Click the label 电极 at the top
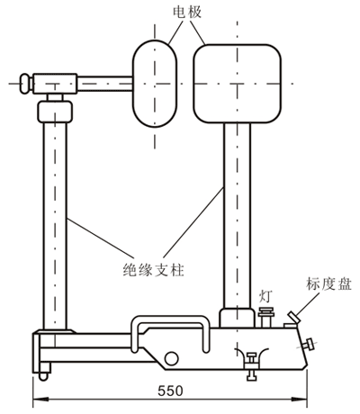point(184,13)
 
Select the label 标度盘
point(329,282)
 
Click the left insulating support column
point(55,225)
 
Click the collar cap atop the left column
point(55,113)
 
